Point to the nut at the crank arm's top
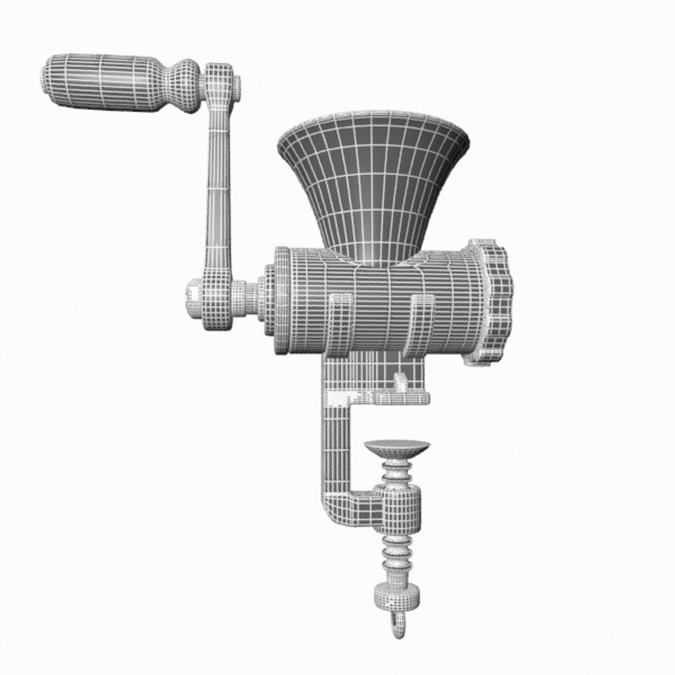tap(237, 87)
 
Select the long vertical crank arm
tap(217, 187)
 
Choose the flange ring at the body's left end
tap(282, 300)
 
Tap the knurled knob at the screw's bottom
tap(396, 597)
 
